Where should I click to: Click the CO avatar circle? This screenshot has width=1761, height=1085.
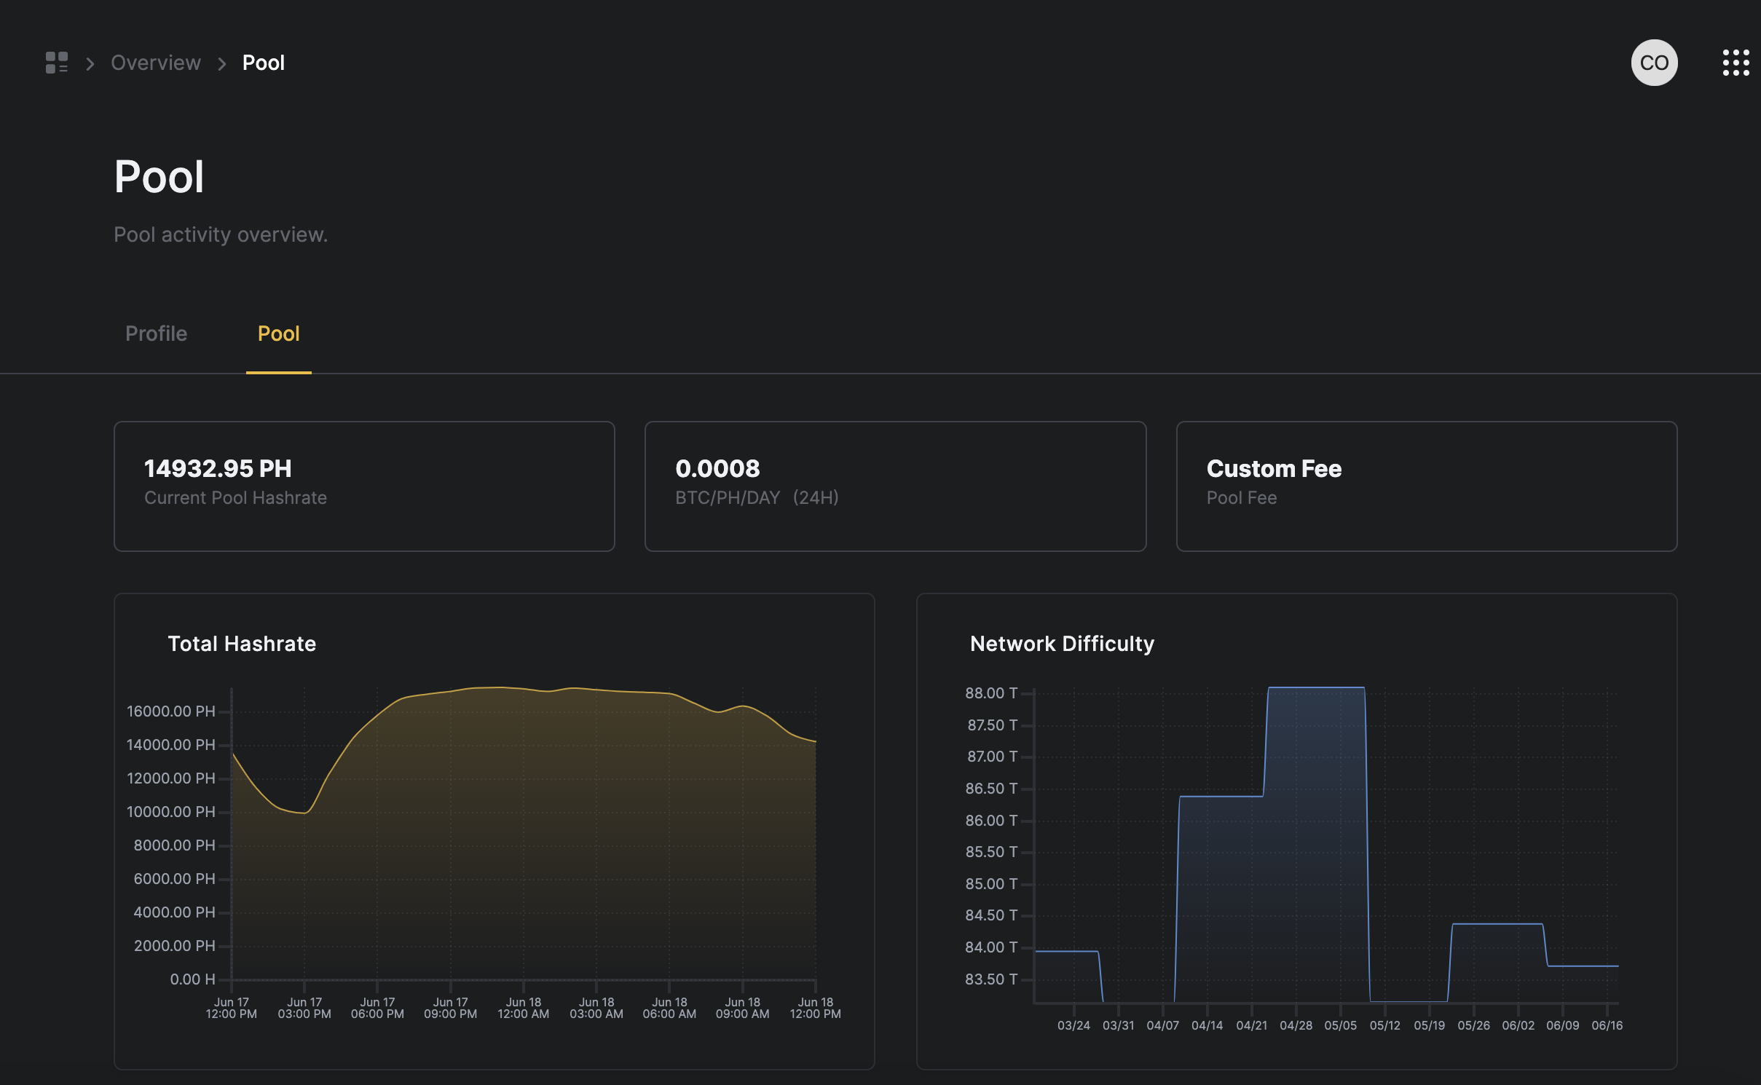click(x=1654, y=63)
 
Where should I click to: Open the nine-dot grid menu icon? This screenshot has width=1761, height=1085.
click(x=1736, y=63)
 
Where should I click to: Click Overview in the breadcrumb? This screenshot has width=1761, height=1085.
click(x=155, y=63)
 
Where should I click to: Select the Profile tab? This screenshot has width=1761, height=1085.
click(x=156, y=334)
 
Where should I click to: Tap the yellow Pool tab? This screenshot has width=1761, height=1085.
click(x=278, y=334)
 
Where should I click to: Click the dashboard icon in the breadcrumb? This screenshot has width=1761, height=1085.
click(x=57, y=63)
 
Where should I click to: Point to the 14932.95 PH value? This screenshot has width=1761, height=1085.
click(x=218, y=468)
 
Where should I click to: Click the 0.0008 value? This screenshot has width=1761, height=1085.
click(x=717, y=468)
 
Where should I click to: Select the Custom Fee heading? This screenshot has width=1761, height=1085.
click(x=1274, y=468)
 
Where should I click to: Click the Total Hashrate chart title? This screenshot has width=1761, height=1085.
click(x=242, y=644)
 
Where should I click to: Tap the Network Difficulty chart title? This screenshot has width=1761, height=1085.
click(x=1062, y=644)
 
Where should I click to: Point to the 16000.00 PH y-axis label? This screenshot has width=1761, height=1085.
click(x=171, y=711)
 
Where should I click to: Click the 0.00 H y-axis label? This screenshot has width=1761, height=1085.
click(x=192, y=979)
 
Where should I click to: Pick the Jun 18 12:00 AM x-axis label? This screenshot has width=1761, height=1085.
click(x=523, y=1008)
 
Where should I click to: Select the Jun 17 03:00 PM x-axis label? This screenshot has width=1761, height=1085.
click(x=304, y=1008)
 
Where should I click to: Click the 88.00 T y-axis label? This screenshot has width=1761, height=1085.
click(x=990, y=693)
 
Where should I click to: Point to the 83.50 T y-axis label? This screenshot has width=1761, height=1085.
click(x=990, y=979)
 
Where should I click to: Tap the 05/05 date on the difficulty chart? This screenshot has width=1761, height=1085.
click(x=1340, y=1025)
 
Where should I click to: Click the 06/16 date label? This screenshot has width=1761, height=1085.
click(x=1607, y=1025)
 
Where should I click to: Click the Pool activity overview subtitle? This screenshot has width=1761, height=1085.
click(x=221, y=234)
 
